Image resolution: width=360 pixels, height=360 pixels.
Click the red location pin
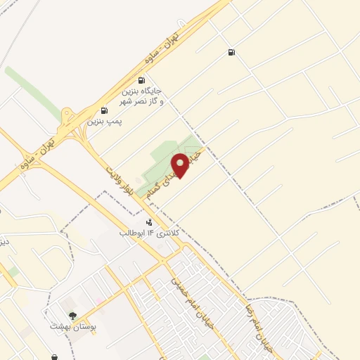[x=181, y=165]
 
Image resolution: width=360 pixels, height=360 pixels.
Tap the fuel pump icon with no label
[x=231, y=52]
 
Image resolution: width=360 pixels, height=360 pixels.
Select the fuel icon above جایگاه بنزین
[x=142, y=80]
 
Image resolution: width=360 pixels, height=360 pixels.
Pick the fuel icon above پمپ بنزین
[x=105, y=110]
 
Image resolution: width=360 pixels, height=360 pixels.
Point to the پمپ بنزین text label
[x=105, y=122]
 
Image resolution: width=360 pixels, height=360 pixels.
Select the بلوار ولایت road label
[x=124, y=184]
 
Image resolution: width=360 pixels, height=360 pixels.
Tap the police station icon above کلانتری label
[x=148, y=222]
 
